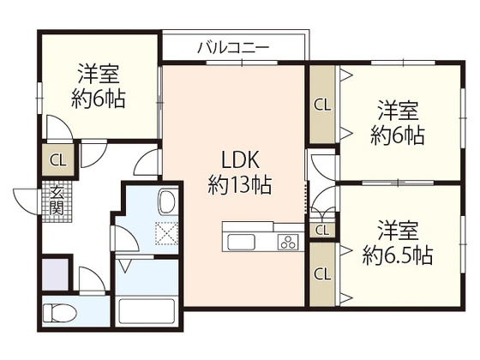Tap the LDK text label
(x=234, y=160)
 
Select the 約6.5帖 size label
(x=397, y=255)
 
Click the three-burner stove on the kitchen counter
(x=286, y=242)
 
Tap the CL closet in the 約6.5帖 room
(x=322, y=274)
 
